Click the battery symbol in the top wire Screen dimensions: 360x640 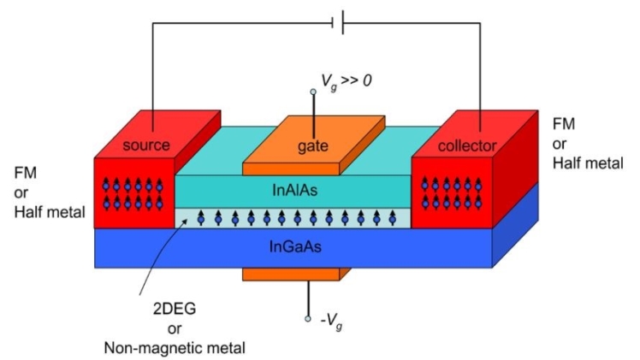340,23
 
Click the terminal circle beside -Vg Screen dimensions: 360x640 309,319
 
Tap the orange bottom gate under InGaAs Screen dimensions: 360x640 291,274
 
